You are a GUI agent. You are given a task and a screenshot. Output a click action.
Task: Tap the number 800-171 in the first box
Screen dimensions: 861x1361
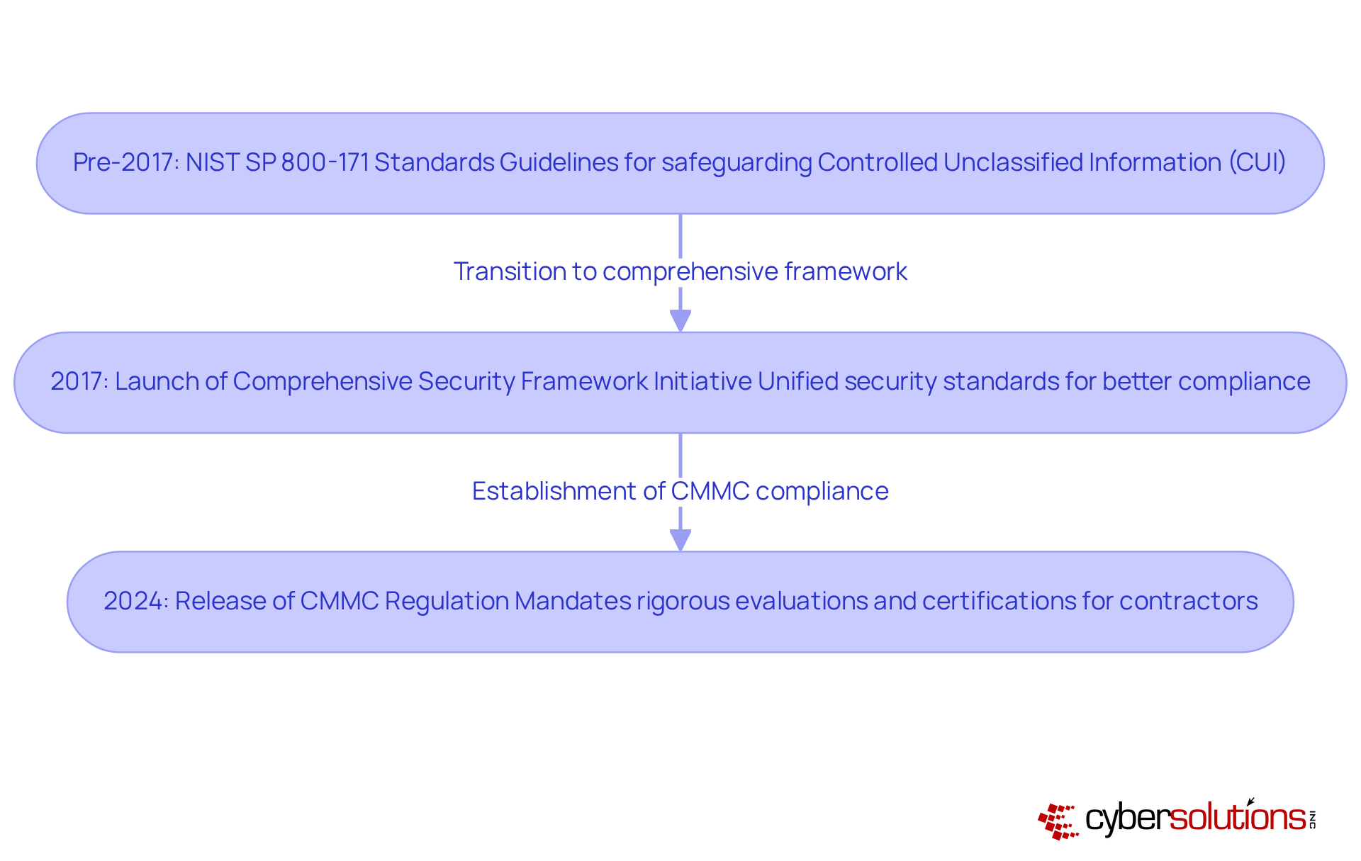325,162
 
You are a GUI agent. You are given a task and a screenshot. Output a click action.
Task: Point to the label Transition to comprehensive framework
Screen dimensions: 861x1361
680,271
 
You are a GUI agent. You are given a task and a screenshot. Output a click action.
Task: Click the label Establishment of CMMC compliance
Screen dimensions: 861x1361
680,491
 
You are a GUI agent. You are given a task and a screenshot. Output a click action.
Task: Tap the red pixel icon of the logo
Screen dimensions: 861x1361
1058,821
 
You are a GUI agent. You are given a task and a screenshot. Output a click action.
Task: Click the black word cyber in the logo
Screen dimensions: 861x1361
1126,819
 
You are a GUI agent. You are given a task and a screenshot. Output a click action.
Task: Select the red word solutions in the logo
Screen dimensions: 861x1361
1237,818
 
